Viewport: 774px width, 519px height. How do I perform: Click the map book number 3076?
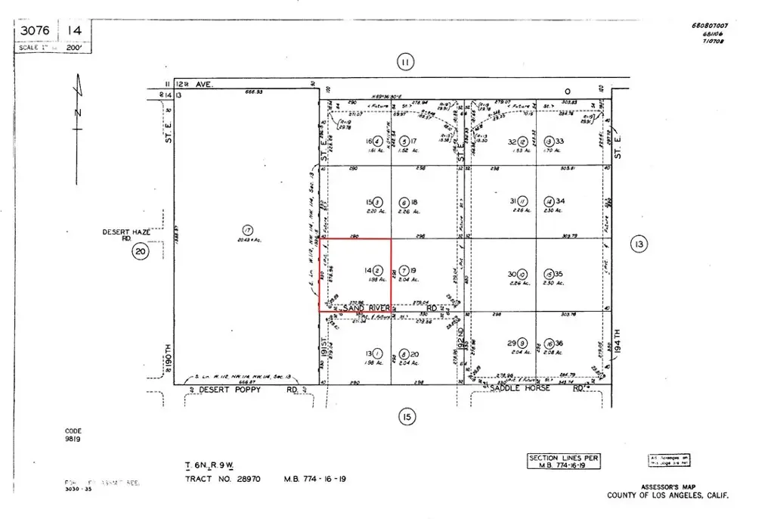36,31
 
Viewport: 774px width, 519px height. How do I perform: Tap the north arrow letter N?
79,113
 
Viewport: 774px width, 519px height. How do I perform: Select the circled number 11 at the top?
406,64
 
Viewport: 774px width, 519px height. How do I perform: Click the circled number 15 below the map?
406,417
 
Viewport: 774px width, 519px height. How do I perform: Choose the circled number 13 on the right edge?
639,244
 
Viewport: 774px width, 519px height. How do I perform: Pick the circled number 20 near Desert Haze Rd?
140,252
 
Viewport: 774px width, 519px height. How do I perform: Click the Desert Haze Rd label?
123,235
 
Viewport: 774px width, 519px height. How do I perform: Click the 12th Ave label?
195,85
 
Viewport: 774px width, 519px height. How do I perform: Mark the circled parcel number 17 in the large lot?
246,230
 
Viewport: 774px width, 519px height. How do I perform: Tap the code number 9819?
73,439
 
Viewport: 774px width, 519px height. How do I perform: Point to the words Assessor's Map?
670,487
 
